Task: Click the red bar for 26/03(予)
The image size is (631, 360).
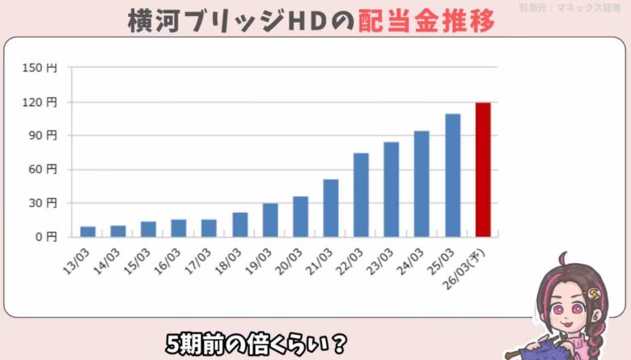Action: click(483, 170)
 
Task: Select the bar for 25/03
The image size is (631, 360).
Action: click(452, 176)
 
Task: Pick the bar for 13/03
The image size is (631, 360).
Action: click(87, 231)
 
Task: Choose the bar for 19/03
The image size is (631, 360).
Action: click(270, 220)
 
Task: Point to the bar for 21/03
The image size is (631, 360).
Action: click(331, 208)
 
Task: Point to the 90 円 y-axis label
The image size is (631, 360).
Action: click(44, 136)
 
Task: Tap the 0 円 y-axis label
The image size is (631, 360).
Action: click(47, 237)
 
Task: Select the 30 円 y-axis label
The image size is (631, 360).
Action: click(44, 203)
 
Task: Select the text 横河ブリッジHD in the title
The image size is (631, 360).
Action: click(230, 21)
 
